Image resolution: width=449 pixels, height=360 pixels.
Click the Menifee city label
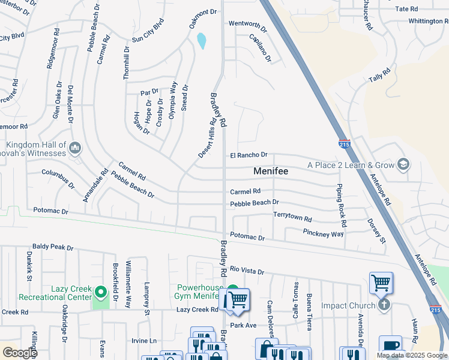click(x=271, y=171)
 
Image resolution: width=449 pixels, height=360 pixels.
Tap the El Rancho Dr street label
click(x=249, y=155)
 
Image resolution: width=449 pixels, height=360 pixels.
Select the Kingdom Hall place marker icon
click(x=75, y=147)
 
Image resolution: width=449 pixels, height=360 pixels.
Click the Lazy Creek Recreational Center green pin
click(x=101, y=293)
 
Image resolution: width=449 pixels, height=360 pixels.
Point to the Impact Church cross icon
click(x=384, y=305)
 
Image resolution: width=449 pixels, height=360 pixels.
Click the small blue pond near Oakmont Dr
click(x=201, y=40)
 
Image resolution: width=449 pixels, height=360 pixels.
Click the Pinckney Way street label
click(x=324, y=233)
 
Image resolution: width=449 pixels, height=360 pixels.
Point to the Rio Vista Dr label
click(x=247, y=271)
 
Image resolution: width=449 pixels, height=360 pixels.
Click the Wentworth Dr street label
click(x=247, y=25)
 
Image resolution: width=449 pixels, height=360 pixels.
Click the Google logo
click(x=19, y=353)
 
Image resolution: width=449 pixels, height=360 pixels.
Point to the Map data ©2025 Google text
click(x=411, y=355)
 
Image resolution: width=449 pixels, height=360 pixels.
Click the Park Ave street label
click(x=243, y=325)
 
